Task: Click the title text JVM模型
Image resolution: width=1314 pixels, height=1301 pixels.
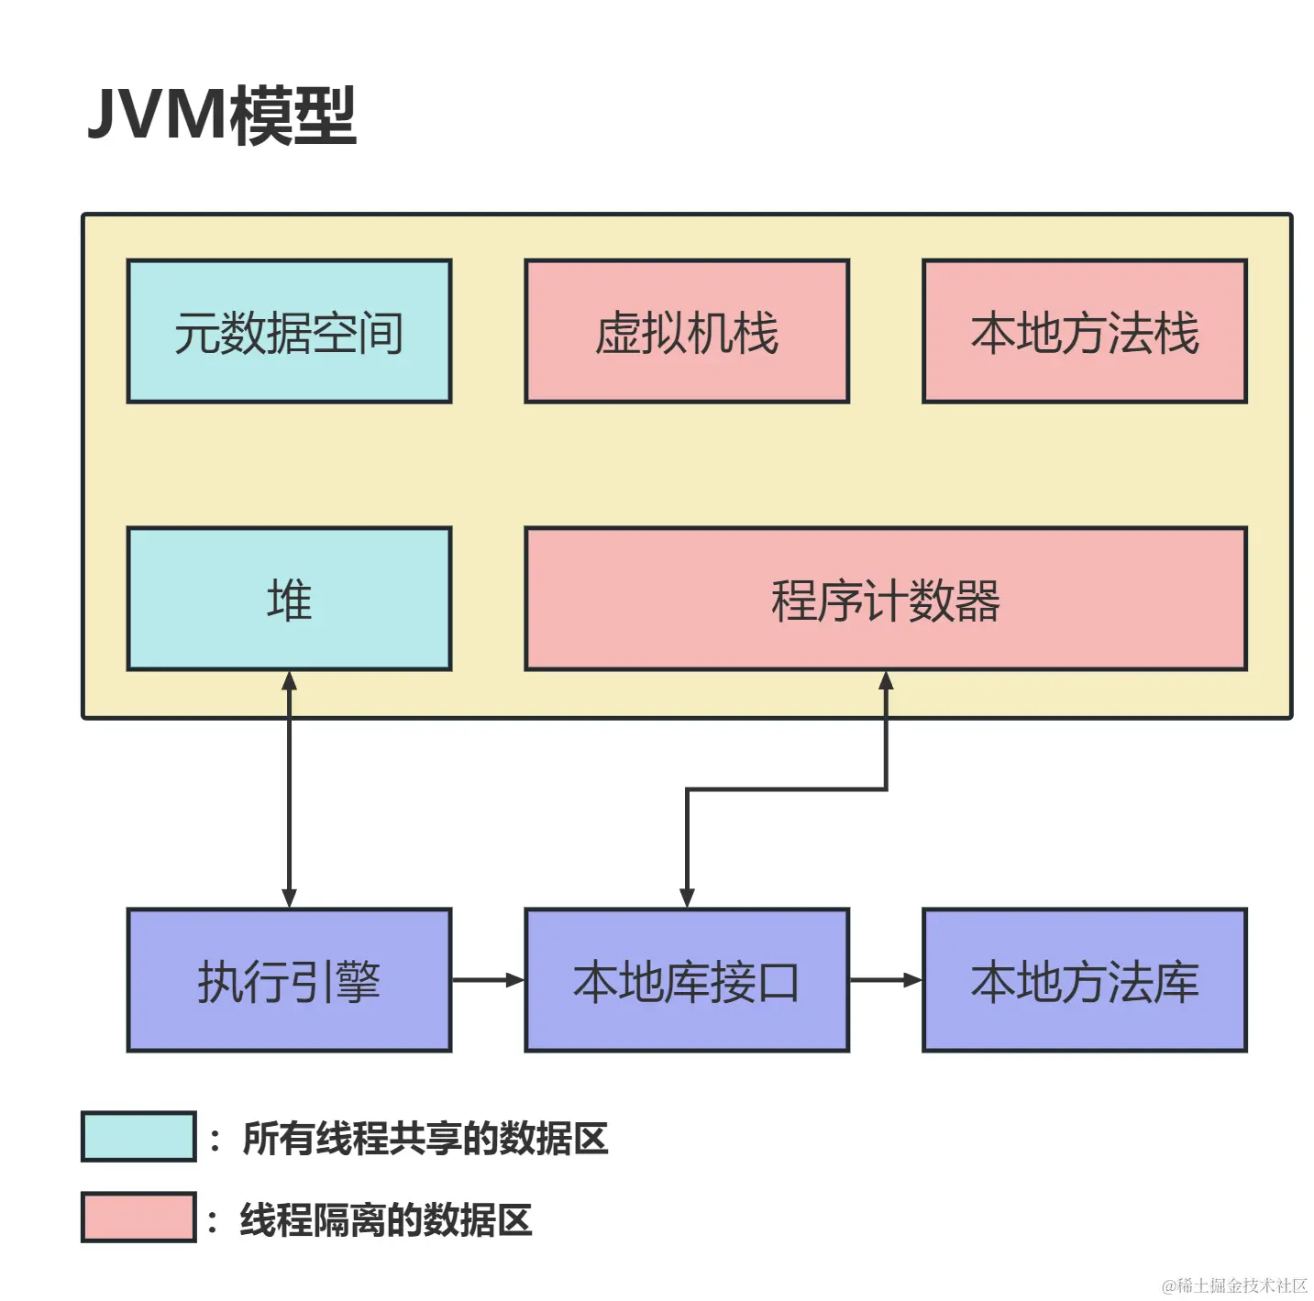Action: click(222, 116)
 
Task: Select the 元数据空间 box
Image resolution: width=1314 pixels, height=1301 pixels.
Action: click(289, 332)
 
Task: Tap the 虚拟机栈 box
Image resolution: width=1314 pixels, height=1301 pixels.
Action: click(687, 332)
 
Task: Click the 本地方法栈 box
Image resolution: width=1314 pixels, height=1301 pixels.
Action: click(1084, 332)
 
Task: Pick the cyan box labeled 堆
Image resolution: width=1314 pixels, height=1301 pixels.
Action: click(289, 600)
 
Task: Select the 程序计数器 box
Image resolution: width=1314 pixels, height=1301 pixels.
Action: click(885, 600)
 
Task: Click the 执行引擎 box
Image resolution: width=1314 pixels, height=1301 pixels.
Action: click(289, 980)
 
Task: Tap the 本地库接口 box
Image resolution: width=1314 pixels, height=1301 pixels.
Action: click(687, 980)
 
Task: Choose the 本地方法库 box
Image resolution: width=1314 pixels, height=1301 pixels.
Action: click(1084, 980)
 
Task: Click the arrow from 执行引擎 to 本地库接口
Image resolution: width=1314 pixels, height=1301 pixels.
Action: click(488, 980)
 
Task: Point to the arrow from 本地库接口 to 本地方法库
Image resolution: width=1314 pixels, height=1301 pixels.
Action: click(885, 980)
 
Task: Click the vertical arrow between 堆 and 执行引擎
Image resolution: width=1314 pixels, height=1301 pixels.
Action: click(289, 789)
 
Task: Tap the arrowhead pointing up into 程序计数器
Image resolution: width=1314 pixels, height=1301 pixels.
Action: click(886, 681)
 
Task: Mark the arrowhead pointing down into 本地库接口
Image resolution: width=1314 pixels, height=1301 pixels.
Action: click(687, 898)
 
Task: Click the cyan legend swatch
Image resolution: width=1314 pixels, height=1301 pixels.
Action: click(138, 1137)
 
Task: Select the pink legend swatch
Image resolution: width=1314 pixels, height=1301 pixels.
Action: click(138, 1218)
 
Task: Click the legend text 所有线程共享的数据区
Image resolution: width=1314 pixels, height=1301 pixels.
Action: click(425, 1139)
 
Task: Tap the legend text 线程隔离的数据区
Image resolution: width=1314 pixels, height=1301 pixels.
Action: click(386, 1220)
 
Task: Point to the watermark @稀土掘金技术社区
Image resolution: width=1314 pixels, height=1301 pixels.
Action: click(1234, 1285)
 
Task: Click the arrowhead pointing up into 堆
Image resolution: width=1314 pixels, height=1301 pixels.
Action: click(289, 681)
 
